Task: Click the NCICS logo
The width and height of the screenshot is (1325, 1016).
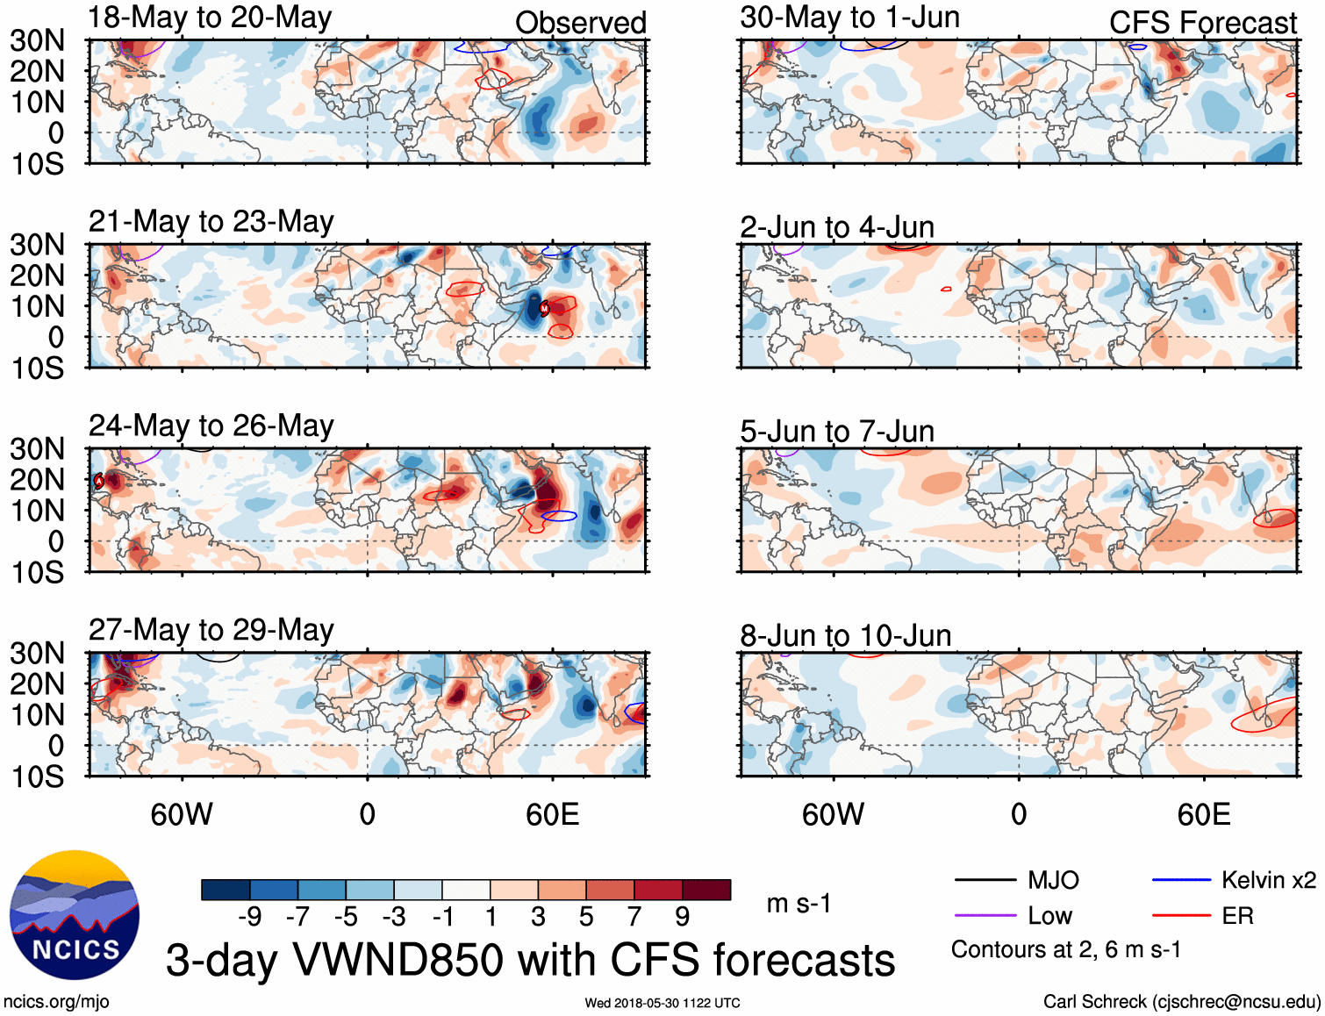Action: [75, 915]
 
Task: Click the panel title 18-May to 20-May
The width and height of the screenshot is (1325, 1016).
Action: [210, 18]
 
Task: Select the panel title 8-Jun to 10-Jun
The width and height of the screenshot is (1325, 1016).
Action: [845, 635]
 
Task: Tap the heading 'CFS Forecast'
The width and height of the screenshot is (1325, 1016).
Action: [1202, 23]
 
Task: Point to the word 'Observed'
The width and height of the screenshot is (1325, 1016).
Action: [580, 23]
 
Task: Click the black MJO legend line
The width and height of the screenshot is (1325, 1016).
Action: [985, 880]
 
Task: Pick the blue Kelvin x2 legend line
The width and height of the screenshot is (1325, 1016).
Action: [1181, 880]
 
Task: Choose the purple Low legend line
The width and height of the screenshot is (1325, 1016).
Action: [985, 916]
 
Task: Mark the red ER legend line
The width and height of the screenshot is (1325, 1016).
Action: [1181, 916]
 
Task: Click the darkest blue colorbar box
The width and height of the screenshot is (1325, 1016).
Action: [225, 890]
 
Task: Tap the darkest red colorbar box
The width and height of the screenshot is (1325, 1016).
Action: [706, 890]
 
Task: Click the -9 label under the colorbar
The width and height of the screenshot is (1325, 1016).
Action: [249, 917]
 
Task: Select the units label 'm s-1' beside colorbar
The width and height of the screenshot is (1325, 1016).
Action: [799, 904]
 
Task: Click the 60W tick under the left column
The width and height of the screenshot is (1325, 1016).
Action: [182, 814]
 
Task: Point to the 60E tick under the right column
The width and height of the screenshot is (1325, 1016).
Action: [1203, 814]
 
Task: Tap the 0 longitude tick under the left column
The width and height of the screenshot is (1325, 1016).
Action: [367, 814]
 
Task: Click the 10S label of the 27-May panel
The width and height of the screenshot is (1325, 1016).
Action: [38, 776]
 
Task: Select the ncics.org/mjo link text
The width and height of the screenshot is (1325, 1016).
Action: [56, 1002]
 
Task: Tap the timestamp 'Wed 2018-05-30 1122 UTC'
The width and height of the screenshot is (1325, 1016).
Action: [662, 1003]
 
